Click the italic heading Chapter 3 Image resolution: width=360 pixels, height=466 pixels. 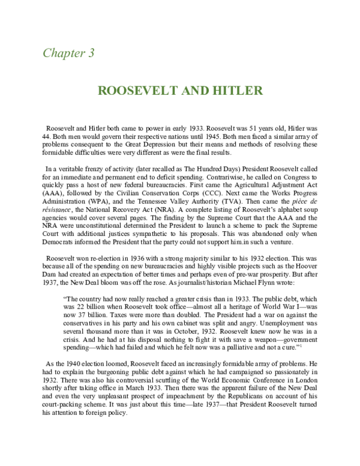click(x=68, y=52)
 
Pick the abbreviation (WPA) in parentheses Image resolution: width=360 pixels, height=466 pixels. click(x=97, y=211)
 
